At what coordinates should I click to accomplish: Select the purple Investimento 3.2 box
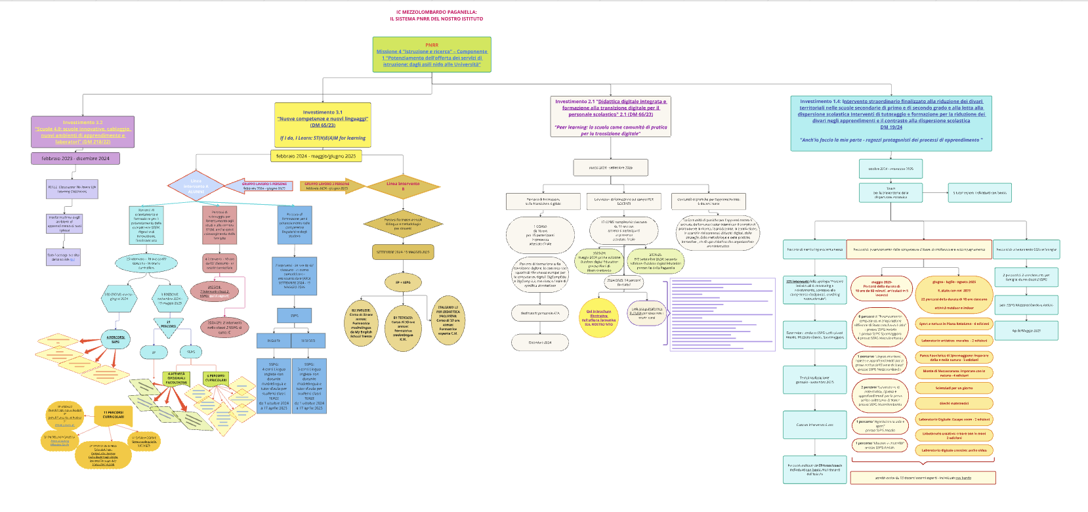coord(83,132)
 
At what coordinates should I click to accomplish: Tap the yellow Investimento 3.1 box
coord(322,125)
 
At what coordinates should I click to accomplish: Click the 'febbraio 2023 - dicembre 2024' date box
coord(75,158)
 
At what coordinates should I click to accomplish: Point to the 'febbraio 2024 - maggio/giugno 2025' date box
coord(316,156)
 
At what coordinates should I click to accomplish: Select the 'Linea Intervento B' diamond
coord(403,186)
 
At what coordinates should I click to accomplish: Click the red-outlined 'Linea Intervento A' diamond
coord(196,186)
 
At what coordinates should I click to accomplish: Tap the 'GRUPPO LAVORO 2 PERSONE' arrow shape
coord(329,186)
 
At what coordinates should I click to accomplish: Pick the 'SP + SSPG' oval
coord(403,282)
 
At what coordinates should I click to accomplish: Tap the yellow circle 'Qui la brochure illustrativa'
coord(598,318)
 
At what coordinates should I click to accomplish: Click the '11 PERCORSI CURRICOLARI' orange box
coord(113,414)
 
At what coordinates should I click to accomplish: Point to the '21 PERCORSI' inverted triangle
coord(169,326)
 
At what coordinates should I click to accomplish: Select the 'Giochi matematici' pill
coord(953,403)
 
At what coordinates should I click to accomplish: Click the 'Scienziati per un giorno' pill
coord(953,388)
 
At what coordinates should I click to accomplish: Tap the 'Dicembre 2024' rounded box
coord(540,342)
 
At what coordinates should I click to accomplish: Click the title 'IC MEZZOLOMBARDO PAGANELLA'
coord(436,12)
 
